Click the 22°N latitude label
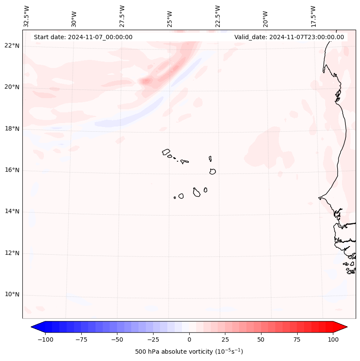tap(12, 46)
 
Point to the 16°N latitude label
tap(12, 170)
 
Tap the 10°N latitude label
tap(12, 295)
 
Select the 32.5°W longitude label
tap(27, 16)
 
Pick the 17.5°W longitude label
tap(313, 16)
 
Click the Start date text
tap(83, 37)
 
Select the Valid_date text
tap(289, 37)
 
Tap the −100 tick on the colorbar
tap(45, 339)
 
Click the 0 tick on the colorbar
tap(189, 339)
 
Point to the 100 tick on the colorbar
tap(333, 339)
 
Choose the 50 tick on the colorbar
tap(261, 339)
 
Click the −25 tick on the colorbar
tap(153, 339)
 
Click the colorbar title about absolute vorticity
tap(189, 352)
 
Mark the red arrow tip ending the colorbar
tap(346, 327)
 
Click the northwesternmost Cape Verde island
tap(166, 152)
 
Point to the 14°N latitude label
tap(12, 211)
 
